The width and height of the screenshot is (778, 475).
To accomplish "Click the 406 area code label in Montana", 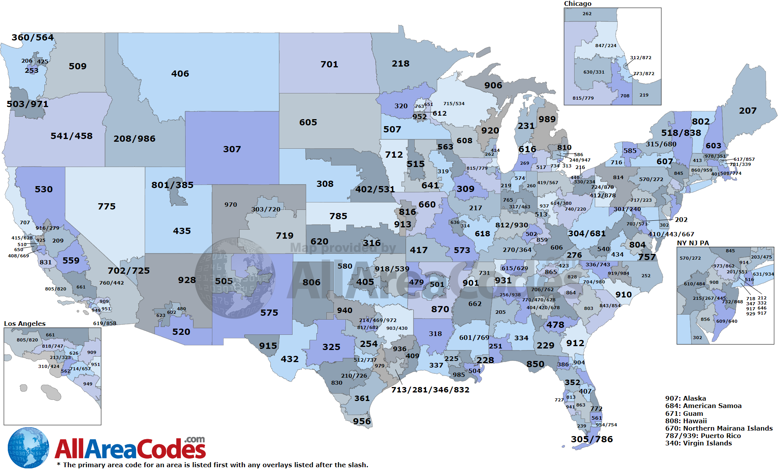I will coord(180,74).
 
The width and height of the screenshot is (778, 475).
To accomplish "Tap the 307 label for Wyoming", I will coord(232,149).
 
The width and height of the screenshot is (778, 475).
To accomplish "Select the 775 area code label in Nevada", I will coord(107,206).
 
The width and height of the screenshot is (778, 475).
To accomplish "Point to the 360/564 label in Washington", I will coord(33,37).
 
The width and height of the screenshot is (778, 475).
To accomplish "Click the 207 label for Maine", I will coord(748,111).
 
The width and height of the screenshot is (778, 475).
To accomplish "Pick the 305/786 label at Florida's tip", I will coord(592,439).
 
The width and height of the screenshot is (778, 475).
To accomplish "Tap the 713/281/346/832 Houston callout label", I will coord(430,390).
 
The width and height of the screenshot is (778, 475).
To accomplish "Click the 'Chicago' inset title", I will coord(578,4).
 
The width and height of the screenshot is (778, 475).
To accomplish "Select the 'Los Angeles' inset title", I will coord(25,324).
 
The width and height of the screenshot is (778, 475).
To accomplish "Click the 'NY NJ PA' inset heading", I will coord(693,243).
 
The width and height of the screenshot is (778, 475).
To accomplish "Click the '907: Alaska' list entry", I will coord(685,398).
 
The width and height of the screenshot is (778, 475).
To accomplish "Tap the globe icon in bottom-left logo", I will coord(28,448).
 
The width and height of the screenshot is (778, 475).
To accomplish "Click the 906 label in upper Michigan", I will coord(493,85).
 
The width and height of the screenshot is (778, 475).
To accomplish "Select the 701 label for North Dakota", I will coord(329,64).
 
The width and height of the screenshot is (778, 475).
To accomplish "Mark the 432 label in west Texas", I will coord(289,359).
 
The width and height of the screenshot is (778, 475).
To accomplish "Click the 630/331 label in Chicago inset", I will coord(594,72).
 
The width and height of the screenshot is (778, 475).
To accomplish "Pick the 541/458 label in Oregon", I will coord(72,136).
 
